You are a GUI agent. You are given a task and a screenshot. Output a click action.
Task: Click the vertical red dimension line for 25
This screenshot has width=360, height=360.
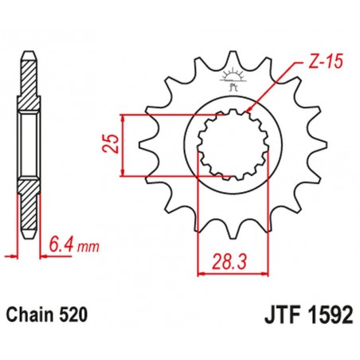(123, 144)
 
